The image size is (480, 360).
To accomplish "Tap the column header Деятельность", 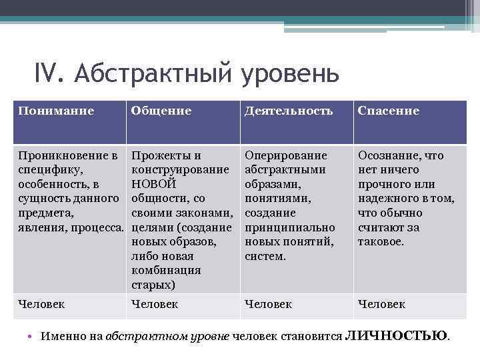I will click(x=288, y=111).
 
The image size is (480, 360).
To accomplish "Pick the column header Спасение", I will click(x=388, y=111).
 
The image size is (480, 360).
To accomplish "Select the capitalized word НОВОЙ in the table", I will click(x=154, y=184).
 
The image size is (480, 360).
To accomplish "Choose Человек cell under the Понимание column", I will click(x=41, y=304).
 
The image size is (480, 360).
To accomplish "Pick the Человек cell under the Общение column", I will click(x=155, y=304).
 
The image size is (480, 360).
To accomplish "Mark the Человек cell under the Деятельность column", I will click(x=268, y=304).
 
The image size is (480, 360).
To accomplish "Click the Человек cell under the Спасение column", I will click(x=381, y=304).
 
